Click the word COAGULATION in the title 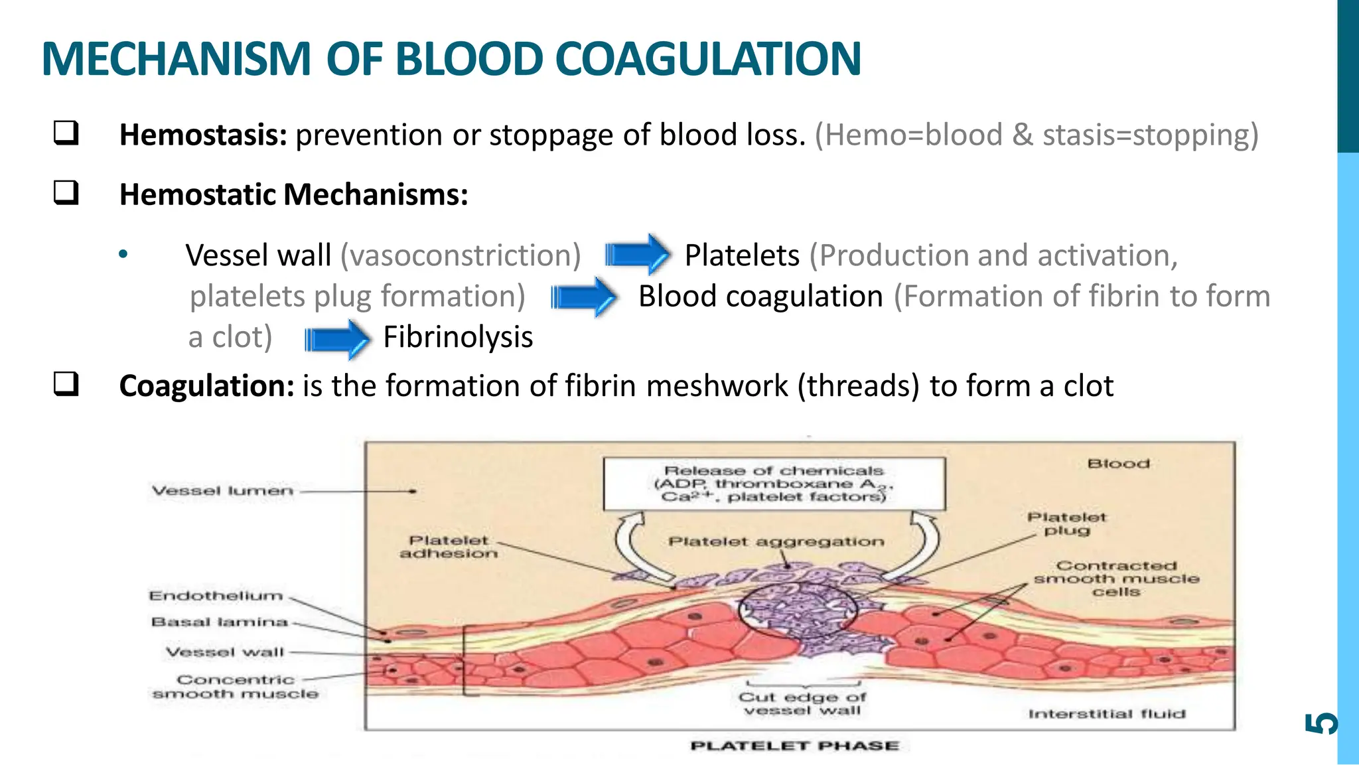point(707,59)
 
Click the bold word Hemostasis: point(203,135)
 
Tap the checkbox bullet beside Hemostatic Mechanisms point(66,193)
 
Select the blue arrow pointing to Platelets point(637,254)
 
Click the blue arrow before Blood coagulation point(583,297)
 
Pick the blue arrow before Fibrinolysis point(336,339)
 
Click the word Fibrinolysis point(458,337)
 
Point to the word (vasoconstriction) point(461,255)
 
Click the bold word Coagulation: point(206,385)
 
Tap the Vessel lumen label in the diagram point(222,491)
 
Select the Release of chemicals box point(774,484)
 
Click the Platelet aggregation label point(776,542)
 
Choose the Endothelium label point(216,596)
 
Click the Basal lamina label point(220,622)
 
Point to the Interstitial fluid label point(1106,714)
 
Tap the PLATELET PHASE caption point(794,746)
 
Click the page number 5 point(1321,723)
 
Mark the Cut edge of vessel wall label point(802,704)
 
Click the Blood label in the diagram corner point(1118,464)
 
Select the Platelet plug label point(1066,523)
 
